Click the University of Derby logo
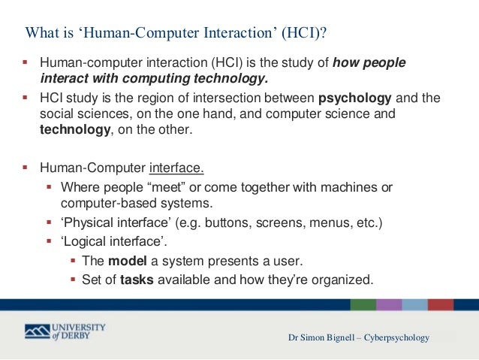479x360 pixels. click(x=65, y=331)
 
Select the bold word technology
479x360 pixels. click(x=75, y=130)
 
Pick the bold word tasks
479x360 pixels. click(x=137, y=280)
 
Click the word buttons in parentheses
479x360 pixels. click(x=225, y=223)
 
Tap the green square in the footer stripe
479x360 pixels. click(x=363, y=304)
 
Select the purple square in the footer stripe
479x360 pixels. click(x=389, y=304)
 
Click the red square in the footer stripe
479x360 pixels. click(x=440, y=304)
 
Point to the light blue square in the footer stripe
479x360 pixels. click(x=414, y=304)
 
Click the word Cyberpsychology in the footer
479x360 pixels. click(x=398, y=337)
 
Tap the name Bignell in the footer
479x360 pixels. click(x=339, y=337)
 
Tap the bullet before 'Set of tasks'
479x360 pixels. click(x=74, y=280)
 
